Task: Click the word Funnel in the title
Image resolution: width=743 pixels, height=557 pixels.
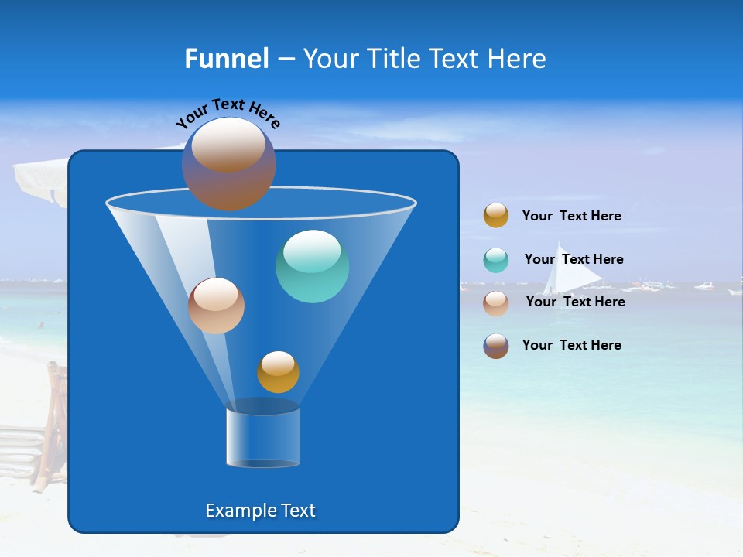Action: [226, 59]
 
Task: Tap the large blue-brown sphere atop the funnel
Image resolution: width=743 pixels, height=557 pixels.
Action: [228, 164]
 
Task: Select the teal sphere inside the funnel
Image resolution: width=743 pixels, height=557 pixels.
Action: [312, 266]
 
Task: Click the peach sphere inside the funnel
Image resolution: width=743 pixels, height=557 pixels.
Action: [216, 306]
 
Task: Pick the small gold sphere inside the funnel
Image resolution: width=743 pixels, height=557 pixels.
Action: [278, 372]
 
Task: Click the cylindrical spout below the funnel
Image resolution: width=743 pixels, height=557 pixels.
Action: [262, 437]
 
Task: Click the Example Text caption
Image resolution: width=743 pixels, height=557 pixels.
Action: [260, 511]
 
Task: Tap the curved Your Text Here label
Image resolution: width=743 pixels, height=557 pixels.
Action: [228, 111]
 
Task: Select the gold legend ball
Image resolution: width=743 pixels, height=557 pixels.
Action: [496, 215]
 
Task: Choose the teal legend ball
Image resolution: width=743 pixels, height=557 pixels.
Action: [496, 260]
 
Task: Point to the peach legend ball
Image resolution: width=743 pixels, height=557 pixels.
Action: [496, 302]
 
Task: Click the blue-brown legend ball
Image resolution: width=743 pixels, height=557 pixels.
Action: [496, 346]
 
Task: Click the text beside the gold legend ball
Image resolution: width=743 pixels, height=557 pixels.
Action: [571, 216]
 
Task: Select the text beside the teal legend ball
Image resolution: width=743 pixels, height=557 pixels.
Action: [574, 259]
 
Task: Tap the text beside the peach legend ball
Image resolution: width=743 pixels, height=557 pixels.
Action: [575, 302]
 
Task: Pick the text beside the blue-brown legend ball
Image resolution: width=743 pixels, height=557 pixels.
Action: [571, 345]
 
